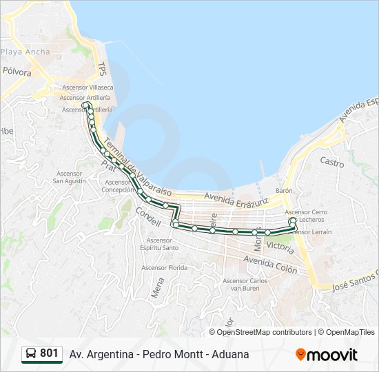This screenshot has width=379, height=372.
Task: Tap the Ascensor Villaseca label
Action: click(x=88, y=88)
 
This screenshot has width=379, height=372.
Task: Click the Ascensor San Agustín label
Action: click(x=70, y=177)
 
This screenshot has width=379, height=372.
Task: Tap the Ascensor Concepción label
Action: click(x=117, y=186)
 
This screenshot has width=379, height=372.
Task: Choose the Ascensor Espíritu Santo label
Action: click(x=159, y=244)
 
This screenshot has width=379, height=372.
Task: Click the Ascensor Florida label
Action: click(x=164, y=267)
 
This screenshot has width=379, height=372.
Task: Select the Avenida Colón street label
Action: click(x=271, y=264)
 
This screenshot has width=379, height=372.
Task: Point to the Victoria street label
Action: click(x=279, y=245)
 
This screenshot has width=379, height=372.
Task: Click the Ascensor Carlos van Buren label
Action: click(x=245, y=284)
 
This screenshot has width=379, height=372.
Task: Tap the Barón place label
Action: click(x=284, y=189)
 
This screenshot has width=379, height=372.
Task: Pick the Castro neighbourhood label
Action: click(x=331, y=162)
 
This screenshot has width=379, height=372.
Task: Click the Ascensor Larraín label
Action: click(x=311, y=232)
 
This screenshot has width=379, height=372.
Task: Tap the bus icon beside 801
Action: click(x=30, y=354)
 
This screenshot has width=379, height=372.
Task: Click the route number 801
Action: click(x=49, y=353)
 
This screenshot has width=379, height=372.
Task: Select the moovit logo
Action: click(x=327, y=355)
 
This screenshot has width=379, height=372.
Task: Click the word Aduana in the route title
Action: click(x=230, y=354)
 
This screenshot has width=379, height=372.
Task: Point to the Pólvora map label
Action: click(x=17, y=72)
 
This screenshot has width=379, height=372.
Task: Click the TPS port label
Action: click(x=102, y=70)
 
